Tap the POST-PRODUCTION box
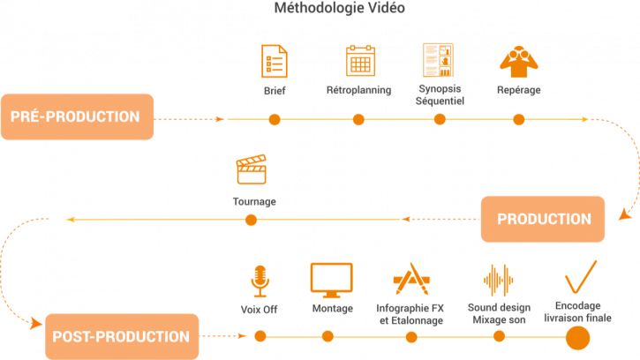click(121, 336)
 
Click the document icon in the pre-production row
click(275, 62)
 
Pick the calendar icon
click(358, 61)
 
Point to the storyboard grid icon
click(438, 60)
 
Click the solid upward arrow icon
click(519, 61)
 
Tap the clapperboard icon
click(252, 169)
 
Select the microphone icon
click(260, 280)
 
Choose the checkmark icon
click(580, 278)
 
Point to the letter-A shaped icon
click(410, 280)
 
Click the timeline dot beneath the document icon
click(275, 119)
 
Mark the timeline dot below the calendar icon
click(358, 119)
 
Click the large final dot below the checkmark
click(577, 337)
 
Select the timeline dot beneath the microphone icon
click(260, 336)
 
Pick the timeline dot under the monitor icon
click(328, 336)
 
